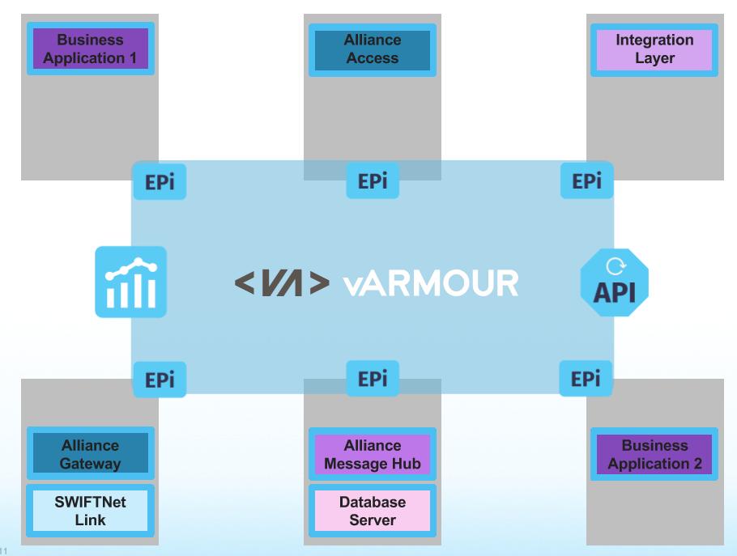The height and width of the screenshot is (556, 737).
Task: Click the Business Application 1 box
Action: pyautogui.click(x=90, y=49)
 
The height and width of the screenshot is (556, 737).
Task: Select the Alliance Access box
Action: pyautogui.click(x=372, y=49)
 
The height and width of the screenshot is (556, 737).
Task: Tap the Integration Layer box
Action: pyautogui.click(x=654, y=49)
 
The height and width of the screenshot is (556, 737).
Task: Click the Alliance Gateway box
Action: pyautogui.click(x=90, y=454)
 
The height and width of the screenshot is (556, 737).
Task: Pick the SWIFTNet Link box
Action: pyautogui.click(x=90, y=511)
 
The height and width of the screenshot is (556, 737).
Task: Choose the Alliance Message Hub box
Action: pyautogui.click(x=372, y=454)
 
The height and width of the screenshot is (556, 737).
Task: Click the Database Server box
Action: pyautogui.click(x=372, y=511)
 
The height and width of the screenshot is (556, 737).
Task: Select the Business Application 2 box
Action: pyautogui.click(x=654, y=454)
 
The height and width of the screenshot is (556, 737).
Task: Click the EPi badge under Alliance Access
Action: pyautogui.click(x=373, y=180)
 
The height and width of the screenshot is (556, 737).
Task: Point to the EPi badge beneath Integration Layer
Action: pyautogui.click(x=586, y=181)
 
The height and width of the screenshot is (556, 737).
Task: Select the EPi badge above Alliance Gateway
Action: pyautogui.click(x=160, y=380)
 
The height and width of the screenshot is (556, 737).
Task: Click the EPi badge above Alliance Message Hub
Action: pyautogui.click(x=373, y=379)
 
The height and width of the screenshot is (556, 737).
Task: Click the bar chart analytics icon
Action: pyautogui.click(x=130, y=282)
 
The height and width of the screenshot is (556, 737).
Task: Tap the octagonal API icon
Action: pyautogui.click(x=615, y=282)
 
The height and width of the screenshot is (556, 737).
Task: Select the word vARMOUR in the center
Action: pyautogui.click(x=419, y=283)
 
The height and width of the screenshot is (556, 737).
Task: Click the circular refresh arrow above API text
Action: pyautogui.click(x=615, y=265)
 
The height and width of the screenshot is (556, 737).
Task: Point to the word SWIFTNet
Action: pyautogui.click(x=90, y=502)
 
